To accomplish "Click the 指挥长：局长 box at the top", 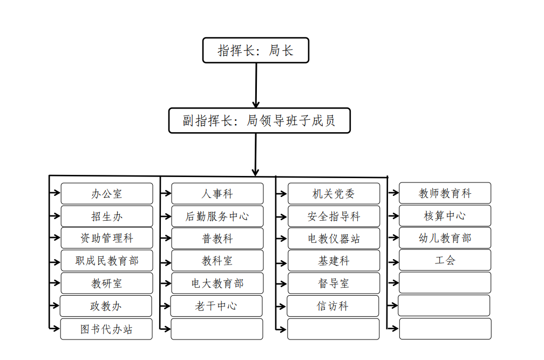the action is click(x=256, y=50).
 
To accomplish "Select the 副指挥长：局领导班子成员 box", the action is click(x=260, y=120).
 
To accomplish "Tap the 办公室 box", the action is click(x=107, y=194).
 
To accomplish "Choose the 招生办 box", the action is click(x=107, y=216).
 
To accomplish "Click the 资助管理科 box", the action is click(x=107, y=238).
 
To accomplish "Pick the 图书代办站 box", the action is click(x=106, y=329).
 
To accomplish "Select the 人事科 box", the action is click(x=217, y=194).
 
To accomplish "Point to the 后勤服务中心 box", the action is click(x=217, y=216).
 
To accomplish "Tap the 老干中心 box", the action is click(x=216, y=306).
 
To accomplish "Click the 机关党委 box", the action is click(x=334, y=194).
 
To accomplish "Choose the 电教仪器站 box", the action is click(x=334, y=238).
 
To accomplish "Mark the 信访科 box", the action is click(x=332, y=306).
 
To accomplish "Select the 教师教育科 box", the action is click(x=445, y=193).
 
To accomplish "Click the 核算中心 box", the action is click(x=445, y=216).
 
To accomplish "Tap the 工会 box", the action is click(x=445, y=260).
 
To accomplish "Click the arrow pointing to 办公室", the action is click(x=55, y=193).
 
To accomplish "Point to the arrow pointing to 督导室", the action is click(x=281, y=284).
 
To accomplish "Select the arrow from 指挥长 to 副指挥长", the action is click(x=256, y=85).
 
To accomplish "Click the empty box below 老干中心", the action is click(x=217, y=329).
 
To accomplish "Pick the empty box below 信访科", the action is click(x=334, y=329).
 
